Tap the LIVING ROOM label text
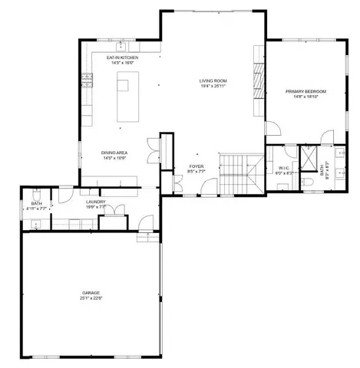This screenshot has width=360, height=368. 214,80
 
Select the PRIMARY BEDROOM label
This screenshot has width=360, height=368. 305,91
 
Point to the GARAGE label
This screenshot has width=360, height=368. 91,293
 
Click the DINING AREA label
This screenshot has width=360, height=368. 114,153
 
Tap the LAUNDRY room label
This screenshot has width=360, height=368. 95,202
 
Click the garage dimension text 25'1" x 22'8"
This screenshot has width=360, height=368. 91,299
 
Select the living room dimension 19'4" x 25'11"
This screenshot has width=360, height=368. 214,87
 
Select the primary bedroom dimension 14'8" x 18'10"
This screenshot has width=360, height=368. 305,97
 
